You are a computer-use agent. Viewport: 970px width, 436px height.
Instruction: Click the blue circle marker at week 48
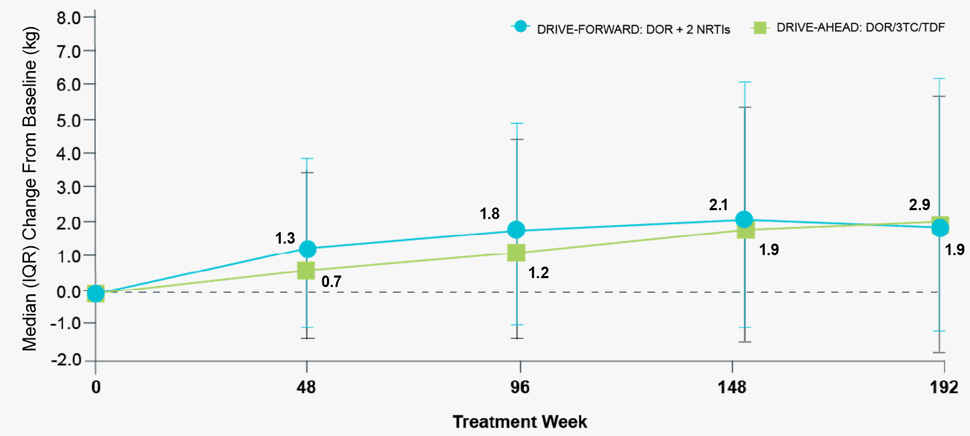(x=308, y=249)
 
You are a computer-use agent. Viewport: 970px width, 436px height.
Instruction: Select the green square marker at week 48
(x=306, y=270)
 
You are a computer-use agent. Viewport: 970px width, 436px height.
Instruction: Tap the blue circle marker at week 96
(x=516, y=230)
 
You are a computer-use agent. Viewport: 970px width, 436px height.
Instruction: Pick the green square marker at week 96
(x=516, y=253)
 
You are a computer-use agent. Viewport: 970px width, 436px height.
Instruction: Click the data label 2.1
(x=718, y=205)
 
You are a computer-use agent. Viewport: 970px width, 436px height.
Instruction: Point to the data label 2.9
(x=919, y=204)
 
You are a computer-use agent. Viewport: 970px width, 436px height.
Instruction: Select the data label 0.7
(x=331, y=282)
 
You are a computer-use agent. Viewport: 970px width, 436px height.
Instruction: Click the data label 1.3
(x=285, y=238)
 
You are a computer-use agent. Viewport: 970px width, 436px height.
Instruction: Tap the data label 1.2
(x=538, y=273)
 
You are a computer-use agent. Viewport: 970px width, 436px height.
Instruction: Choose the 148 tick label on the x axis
(x=731, y=387)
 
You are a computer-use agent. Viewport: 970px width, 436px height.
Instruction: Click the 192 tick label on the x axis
(x=943, y=387)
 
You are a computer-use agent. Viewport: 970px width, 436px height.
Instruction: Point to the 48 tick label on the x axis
(x=306, y=387)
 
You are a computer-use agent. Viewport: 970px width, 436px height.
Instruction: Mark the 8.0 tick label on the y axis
(x=69, y=18)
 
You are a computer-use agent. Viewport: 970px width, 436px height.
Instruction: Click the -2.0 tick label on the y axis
(x=66, y=360)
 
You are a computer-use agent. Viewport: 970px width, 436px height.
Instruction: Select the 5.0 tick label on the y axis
(x=69, y=120)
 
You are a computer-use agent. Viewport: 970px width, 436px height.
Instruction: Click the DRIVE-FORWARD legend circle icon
(x=520, y=27)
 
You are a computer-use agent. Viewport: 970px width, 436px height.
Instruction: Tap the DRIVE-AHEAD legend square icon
(x=759, y=28)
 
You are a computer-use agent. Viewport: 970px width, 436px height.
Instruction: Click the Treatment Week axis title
(x=520, y=421)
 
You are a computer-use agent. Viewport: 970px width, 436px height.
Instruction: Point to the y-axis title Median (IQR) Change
(x=30, y=188)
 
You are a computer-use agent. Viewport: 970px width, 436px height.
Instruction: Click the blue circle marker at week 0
(x=95, y=293)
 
